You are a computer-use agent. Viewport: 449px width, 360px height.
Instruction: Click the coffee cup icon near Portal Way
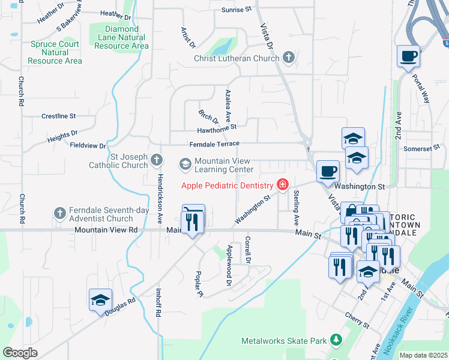pos(408,56)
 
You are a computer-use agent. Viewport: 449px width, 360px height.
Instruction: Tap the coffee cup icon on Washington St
pos(328,172)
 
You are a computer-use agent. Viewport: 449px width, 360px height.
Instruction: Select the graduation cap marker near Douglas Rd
pos(100,300)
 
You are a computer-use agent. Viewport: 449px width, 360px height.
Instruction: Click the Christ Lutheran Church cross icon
pos(289,58)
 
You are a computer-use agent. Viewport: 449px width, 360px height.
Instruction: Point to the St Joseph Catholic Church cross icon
pos(157,160)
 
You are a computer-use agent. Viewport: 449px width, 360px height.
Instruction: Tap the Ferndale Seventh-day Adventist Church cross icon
pos(59,213)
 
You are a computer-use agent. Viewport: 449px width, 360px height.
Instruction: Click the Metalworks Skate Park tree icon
pos(336,341)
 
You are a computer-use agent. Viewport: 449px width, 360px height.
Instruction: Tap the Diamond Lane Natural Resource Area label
pos(121,37)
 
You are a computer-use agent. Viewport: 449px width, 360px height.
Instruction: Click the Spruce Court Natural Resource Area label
pos(55,52)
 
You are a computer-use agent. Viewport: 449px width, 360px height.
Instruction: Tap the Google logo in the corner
pos(20,352)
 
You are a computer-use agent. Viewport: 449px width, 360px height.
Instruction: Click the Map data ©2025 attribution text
pos(423,355)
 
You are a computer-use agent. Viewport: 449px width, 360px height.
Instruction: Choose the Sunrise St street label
pos(237,10)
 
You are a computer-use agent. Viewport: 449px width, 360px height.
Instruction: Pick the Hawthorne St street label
pos(217,128)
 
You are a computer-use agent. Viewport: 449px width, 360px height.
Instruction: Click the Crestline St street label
pos(59,116)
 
